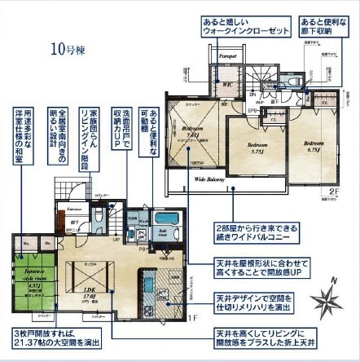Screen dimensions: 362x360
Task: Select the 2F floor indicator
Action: click(x=333, y=192)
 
